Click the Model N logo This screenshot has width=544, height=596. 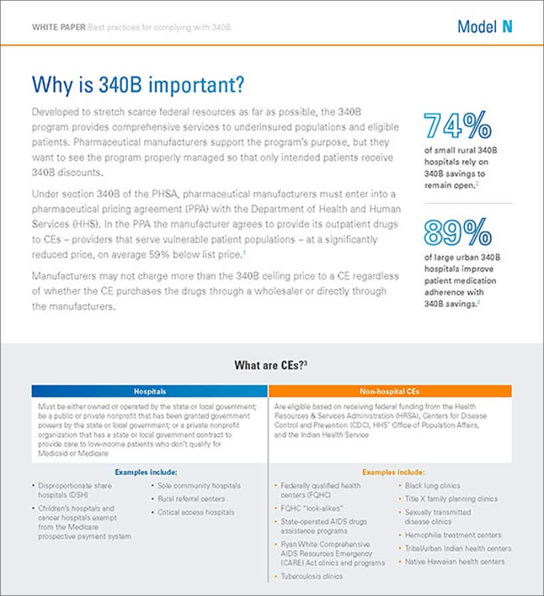[x=485, y=27]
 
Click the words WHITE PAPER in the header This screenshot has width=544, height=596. [x=59, y=27]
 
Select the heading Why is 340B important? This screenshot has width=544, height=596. [x=138, y=84]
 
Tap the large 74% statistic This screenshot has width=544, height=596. [x=457, y=125]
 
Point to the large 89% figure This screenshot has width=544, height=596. [x=457, y=232]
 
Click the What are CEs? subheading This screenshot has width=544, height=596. [x=271, y=365]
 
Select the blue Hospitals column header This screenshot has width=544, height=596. [x=149, y=391]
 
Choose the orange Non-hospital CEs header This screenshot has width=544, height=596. [x=390, y=391]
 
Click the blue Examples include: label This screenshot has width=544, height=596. [x=146, y=472]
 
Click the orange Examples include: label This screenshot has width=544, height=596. [x=393, y=472]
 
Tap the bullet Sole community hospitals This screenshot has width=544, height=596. [x=199, y=486]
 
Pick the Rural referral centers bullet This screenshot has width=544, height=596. [x=191, y=499]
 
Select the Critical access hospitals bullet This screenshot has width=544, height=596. [x=196, y=513]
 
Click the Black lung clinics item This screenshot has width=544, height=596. [x=433, y=486]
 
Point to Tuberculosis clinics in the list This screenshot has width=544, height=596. [x=312, y=577]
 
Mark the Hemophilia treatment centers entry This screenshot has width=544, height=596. [x=453, y=535]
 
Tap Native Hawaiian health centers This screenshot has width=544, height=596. [x=455, y=562]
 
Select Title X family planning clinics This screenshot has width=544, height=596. [x=451, y=499]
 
